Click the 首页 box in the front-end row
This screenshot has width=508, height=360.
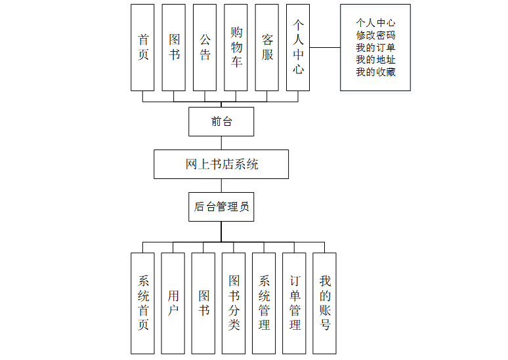(142, 47)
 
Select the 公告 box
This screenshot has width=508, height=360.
(205, 47)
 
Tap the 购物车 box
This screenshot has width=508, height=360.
(236, 47)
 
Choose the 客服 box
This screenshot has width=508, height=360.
(267, 47)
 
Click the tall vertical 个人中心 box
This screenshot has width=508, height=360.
(298, 47)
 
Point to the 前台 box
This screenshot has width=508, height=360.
(221, 121)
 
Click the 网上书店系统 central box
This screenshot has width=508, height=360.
(221, 164)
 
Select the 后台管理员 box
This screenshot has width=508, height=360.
(221, 207)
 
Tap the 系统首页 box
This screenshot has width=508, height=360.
(143, 303)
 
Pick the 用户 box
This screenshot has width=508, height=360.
(173, 303)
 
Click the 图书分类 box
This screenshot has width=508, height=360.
(234, 303)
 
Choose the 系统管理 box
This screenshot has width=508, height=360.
(264, 303)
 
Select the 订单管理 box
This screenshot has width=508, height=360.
(295, 303)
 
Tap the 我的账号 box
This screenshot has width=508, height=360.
(324, 303)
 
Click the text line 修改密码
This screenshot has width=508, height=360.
(375, 35)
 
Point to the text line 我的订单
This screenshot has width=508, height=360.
(375, 48)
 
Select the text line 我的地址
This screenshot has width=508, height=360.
(375, 60)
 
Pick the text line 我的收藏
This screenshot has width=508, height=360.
(375, 72)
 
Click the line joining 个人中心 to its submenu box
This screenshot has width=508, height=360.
(325, 47)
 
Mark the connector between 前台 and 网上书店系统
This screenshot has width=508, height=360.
(221, 143)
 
